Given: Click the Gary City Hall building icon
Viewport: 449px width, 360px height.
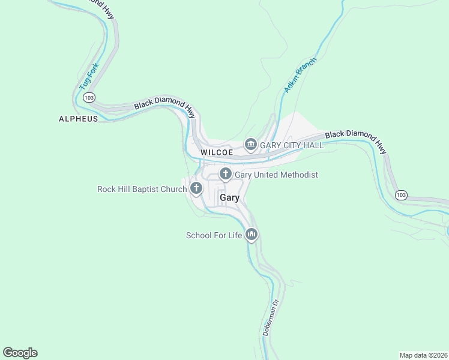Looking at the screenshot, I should point(250,145).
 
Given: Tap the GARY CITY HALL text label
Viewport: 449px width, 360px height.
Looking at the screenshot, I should point(292,145).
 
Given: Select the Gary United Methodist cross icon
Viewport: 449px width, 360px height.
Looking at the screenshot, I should point(226,175).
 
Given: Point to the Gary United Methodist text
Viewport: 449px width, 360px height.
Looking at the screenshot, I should point(276,175).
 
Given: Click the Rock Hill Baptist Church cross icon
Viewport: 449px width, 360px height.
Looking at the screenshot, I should point(196,189).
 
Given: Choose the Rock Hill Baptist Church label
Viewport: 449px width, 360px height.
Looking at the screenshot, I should point(142,190).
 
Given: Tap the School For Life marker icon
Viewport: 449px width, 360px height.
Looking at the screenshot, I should point(252,235).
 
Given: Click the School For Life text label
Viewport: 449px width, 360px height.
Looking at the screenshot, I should point(214,235).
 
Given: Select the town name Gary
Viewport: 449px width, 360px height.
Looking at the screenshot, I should point(229,197).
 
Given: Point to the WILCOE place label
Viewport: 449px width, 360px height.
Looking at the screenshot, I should point(216,152).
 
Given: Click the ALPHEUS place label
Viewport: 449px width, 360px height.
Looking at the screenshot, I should point(78,119).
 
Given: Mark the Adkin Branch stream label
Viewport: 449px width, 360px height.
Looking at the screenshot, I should point(300,76).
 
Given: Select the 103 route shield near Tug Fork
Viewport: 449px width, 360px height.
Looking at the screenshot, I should point(89,97).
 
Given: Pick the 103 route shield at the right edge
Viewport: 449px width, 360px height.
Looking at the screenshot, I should point(402,195).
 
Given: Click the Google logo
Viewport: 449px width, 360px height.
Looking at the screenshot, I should point(20,353).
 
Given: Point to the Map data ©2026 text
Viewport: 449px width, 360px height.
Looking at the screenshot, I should point(423,355).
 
